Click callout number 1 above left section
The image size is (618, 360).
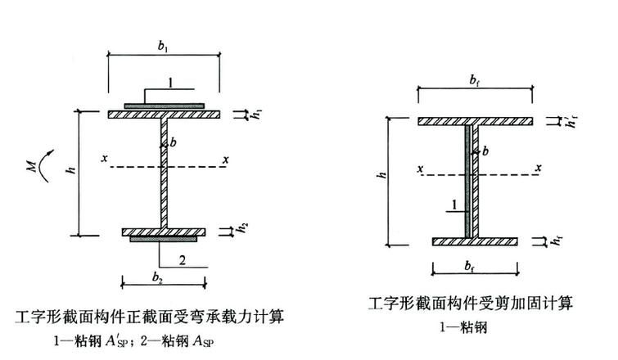pyautogui.click(x=170, y=82)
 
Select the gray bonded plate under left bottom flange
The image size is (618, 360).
pyautogui.click(x=164, y=241)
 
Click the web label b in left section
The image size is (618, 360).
pyautogui.click(x=174, y=142)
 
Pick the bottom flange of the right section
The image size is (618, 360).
pyautogui.click(x=476, y=241)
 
